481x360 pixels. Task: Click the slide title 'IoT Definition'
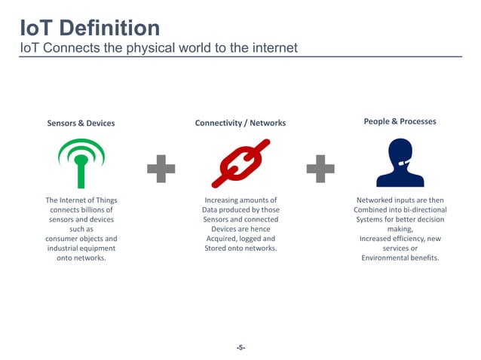tap(90, 28)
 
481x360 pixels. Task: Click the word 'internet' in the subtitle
tap(271, 48)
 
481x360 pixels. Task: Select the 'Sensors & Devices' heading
tap(81, 123)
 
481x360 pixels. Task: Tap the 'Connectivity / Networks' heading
tap(240, 123)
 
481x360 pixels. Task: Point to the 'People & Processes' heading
tap(400, 121)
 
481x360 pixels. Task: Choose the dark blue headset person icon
tap(400, 163)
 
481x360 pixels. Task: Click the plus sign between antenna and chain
tap(161, 168)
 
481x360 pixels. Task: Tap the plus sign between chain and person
tap(320, 168)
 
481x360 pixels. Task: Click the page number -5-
tap(240, 347)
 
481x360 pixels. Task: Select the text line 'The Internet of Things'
tap(81, 200)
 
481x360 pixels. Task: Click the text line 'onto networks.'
tap(81, 258)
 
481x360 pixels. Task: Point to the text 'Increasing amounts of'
tap(240, 200)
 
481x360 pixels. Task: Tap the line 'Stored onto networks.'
tap(240, 248)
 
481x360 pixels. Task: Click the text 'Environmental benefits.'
tap(400, 258)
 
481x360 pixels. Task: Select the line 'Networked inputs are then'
tap(400, 200)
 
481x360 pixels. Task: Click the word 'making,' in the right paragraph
tap(400, 229)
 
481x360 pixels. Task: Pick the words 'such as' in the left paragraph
tap(81, 229)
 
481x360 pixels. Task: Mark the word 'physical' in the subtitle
tap(149, 48)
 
